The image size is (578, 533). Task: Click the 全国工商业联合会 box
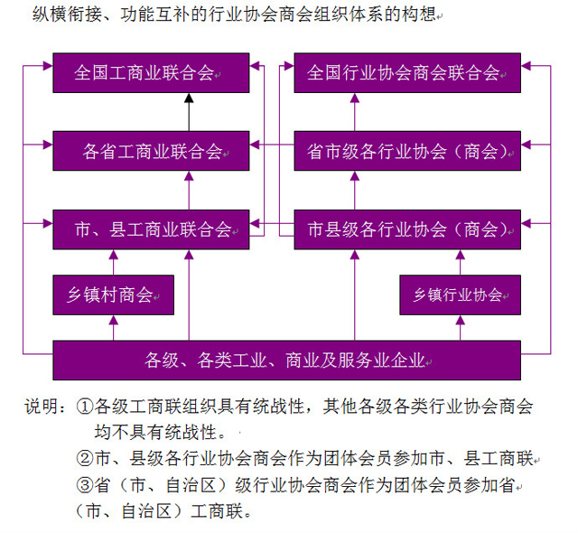(x=151, y=72)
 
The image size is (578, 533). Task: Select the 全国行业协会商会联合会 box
(x=407, y=72)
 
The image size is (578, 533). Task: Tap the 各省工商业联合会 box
(x=151, y=151)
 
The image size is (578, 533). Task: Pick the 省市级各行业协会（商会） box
(x=407, y=151)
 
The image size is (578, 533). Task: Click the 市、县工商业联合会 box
(x=151, y=229)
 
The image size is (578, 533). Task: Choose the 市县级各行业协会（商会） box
(x=407, y=229)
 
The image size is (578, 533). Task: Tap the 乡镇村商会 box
(x=114, y=295)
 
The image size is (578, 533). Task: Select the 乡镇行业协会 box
(x=461, y=295)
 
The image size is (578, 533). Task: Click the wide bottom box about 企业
(x=287, y=360)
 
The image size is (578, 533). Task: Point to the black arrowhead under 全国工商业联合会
(x=189, y=98)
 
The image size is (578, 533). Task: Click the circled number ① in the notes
(x=84, y=407)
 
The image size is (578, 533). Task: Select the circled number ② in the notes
(x=84, y=458)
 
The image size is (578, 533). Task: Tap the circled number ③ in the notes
(x=84, y=485)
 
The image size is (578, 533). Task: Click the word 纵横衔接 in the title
(x=67, y=14)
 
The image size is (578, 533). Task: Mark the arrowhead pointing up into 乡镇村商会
(x=114, y=320)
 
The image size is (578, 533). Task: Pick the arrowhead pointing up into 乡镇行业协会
(x=460, y=320)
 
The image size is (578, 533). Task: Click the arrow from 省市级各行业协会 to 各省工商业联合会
(x=272, y=145)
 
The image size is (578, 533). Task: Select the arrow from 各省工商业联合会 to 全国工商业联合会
(x=189, y=112)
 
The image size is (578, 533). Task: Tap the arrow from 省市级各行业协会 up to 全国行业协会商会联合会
(x=355, y=112)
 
